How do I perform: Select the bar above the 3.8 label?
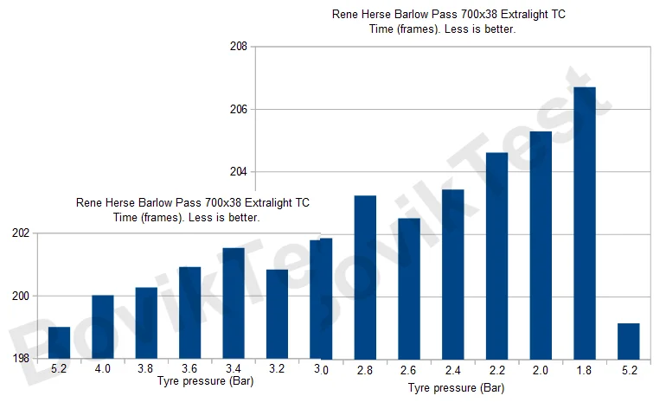146,322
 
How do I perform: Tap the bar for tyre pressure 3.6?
189,312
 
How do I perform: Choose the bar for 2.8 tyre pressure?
365,277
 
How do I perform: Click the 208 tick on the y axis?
238,47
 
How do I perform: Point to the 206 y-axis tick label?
238,110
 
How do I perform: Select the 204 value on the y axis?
238,172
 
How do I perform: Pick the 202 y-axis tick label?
19,233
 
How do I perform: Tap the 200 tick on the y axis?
19,297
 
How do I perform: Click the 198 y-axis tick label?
19,359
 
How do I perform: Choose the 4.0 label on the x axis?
103,369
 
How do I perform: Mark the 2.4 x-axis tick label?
453,371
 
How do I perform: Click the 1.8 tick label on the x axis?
585,371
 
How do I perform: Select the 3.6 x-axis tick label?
189,369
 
